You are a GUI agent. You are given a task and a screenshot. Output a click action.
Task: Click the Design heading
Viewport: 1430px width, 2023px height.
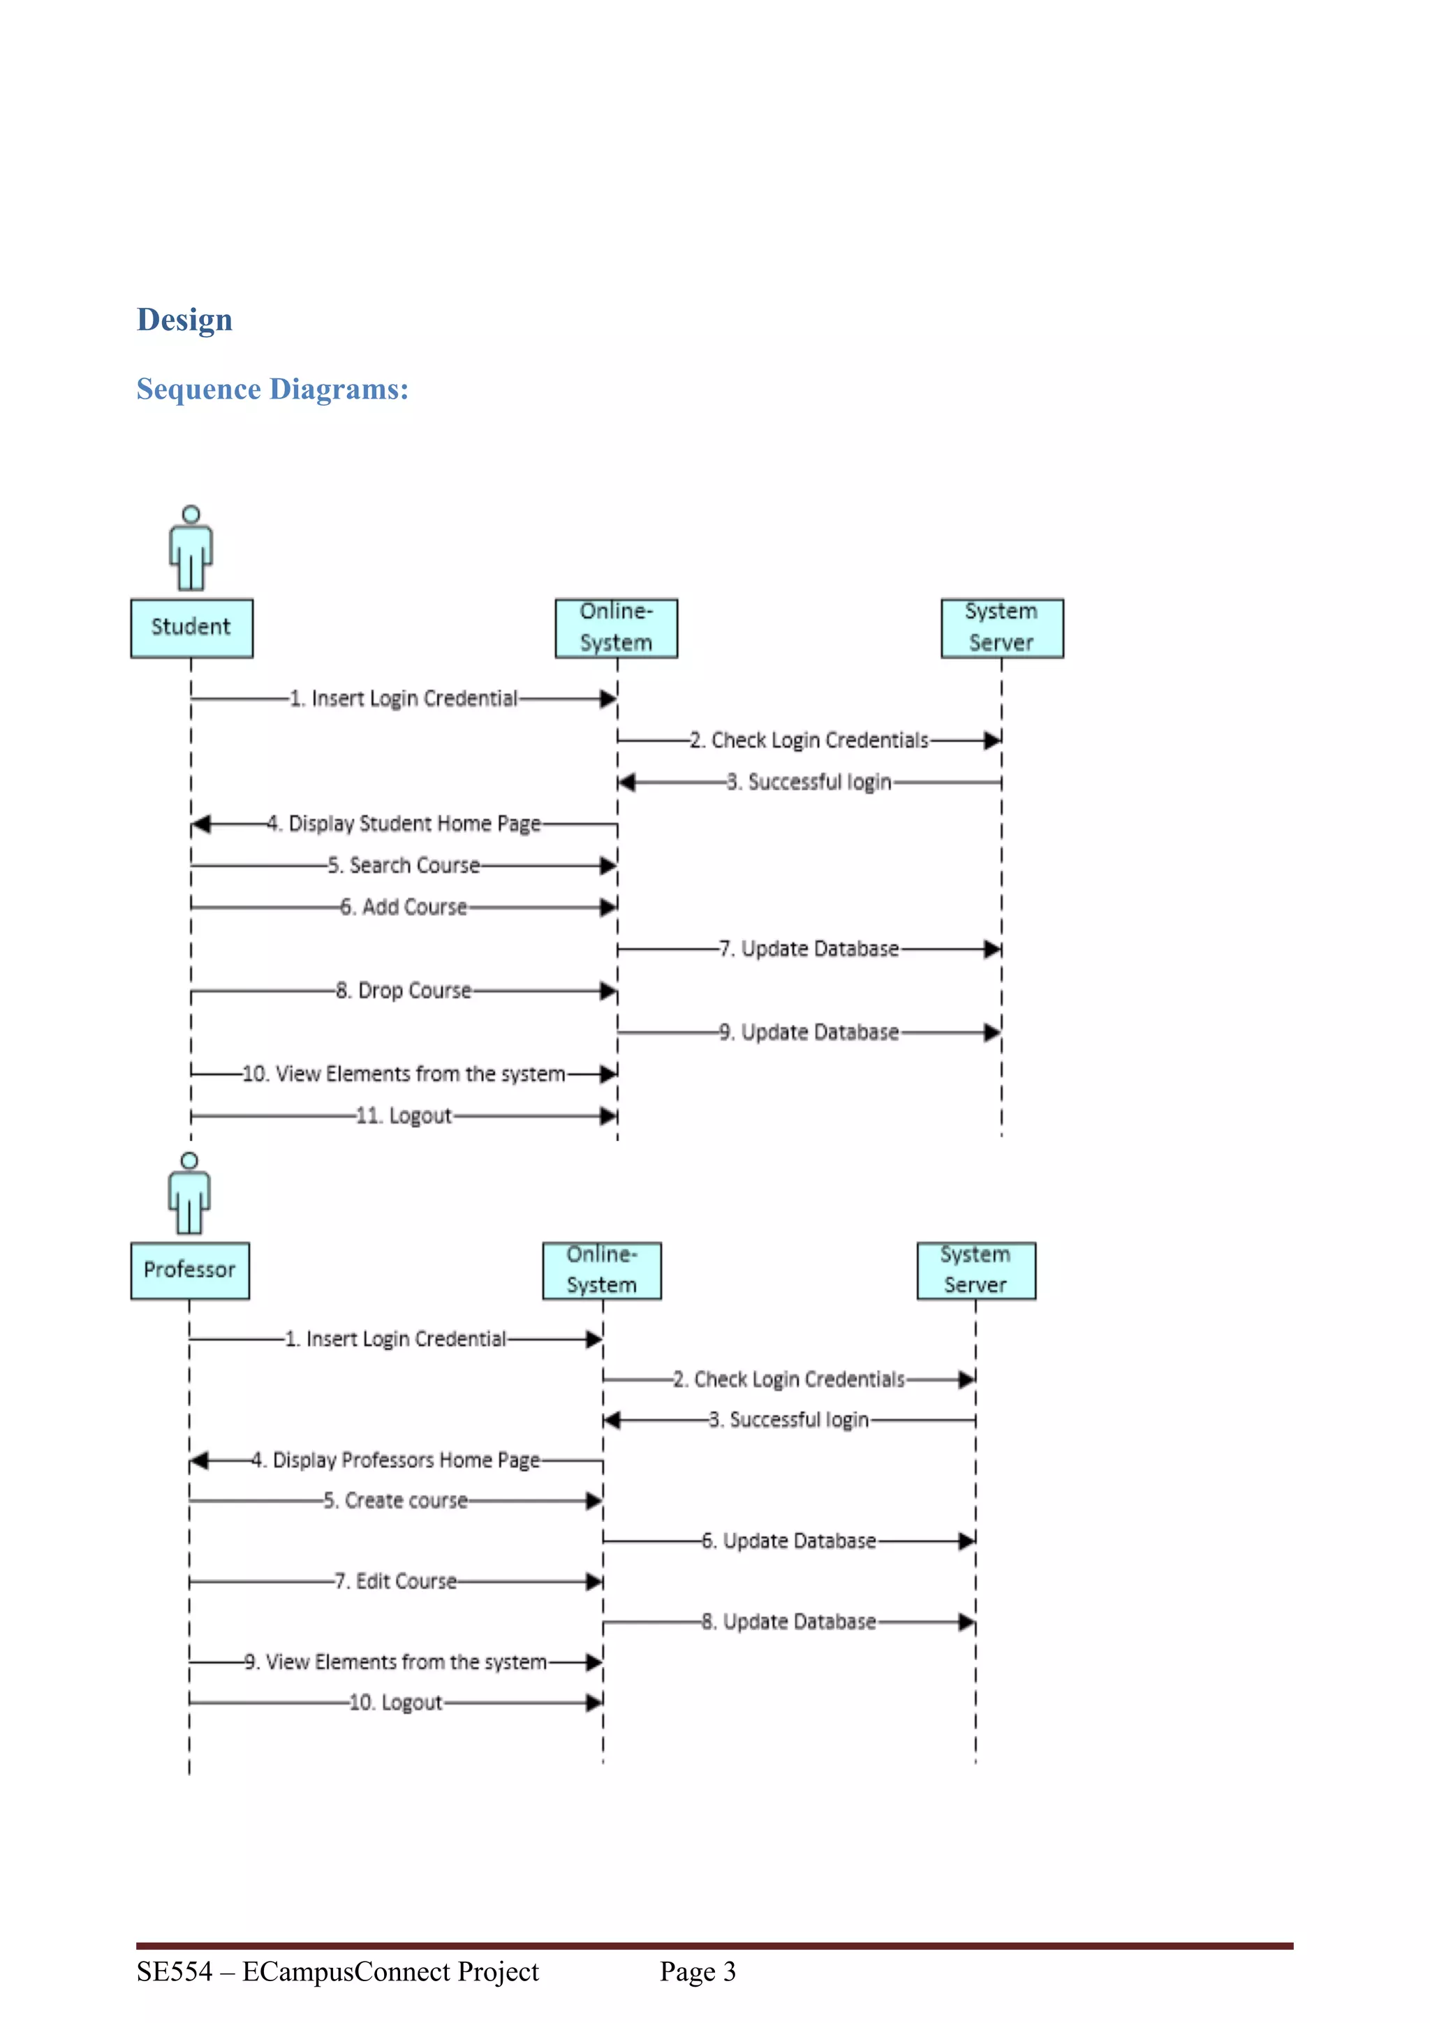184,319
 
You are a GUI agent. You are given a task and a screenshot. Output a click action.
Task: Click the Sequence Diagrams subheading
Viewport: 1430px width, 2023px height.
272,389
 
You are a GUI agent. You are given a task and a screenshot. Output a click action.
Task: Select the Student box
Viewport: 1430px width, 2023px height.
191,628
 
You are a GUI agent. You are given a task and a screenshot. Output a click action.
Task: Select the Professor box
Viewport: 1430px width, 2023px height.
189,1270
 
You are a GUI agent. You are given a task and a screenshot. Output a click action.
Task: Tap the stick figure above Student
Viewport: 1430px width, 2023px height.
191,548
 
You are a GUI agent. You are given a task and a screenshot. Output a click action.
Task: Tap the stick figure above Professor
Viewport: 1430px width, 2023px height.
189,1194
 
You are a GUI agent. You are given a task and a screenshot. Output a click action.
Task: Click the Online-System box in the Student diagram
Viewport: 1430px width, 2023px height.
616,628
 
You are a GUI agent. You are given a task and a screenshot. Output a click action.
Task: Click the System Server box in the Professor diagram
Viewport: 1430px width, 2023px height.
975,1270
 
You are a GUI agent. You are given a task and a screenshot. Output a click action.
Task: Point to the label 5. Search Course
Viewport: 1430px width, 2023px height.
404,865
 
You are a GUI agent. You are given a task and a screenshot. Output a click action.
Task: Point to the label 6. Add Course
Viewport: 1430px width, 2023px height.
404,907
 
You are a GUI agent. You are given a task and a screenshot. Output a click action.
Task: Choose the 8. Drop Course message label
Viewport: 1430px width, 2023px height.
404,991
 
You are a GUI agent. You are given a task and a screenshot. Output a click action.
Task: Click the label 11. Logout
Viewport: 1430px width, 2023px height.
404,1116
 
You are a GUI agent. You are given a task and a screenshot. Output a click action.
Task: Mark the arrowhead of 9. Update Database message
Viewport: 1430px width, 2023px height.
992,1032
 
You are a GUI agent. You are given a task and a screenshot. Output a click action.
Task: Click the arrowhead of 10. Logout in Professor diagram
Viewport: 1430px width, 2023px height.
595,1703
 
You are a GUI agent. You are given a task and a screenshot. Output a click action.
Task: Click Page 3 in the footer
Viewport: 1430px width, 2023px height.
697,1971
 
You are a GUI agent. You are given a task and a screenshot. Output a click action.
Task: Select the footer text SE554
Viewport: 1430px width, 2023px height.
175,1971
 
